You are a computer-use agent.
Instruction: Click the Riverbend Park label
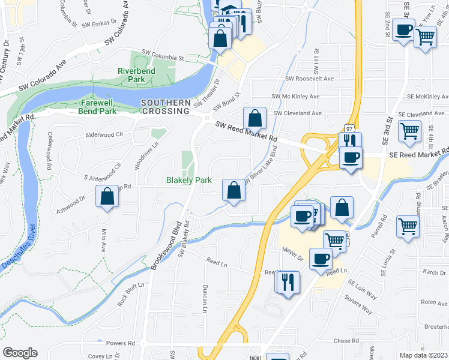132,75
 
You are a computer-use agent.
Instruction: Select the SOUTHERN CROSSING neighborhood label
166,107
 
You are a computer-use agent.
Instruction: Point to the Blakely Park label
187,180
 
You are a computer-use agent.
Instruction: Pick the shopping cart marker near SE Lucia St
408,227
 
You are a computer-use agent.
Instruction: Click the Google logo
20,352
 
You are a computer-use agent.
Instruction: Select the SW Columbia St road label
163,55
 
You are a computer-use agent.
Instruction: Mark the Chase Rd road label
346,341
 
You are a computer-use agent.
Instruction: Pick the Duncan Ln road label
205,298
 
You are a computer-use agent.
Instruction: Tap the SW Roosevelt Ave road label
309,79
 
